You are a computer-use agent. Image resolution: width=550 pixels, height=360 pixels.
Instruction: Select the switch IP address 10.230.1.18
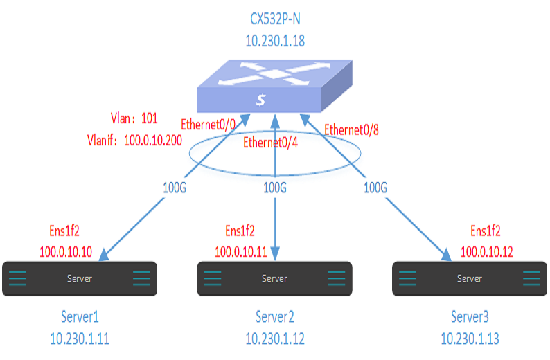pos(275,42)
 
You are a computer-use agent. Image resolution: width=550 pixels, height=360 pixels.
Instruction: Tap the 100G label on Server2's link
pos(276,187)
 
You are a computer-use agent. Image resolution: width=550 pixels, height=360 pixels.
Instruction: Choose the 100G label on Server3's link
pos(375,187)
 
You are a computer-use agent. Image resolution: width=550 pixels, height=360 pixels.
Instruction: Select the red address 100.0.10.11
pos(240,251)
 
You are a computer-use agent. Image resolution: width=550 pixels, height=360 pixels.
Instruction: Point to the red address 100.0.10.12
pos(486,251)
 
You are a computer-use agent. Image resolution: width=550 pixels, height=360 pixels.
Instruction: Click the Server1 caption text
pos(80,318)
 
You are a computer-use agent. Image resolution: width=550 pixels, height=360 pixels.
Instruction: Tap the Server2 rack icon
pos(275,279)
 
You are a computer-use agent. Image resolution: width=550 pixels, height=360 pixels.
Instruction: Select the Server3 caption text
pos(470,318)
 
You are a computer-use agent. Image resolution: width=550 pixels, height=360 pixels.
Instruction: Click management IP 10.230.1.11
pos(80,339)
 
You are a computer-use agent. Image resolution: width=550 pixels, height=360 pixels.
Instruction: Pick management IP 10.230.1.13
pos(470,339)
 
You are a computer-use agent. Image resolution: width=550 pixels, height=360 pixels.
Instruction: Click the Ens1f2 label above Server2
pos(240,231)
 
